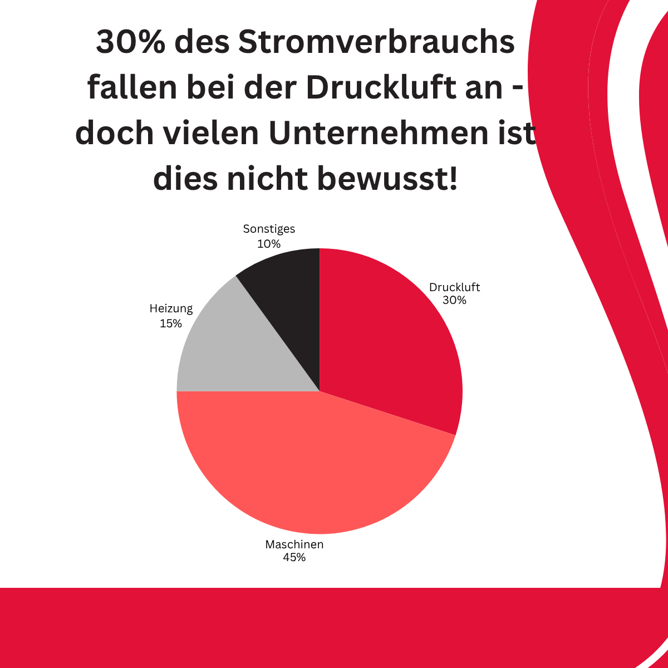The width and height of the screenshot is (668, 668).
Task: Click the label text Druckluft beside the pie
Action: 454,288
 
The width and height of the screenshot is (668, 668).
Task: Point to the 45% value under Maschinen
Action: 294,557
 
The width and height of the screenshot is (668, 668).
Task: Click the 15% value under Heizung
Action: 171,323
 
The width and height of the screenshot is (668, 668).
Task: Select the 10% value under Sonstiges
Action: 269,243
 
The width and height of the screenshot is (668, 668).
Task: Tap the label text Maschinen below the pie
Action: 294,544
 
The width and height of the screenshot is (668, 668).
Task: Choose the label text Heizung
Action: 171,309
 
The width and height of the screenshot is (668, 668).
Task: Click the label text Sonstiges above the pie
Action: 269,229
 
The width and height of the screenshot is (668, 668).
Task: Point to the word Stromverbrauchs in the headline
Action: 376,43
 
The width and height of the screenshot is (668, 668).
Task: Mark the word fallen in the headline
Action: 132,89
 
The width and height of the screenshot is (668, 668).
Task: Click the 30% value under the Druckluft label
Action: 454,301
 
